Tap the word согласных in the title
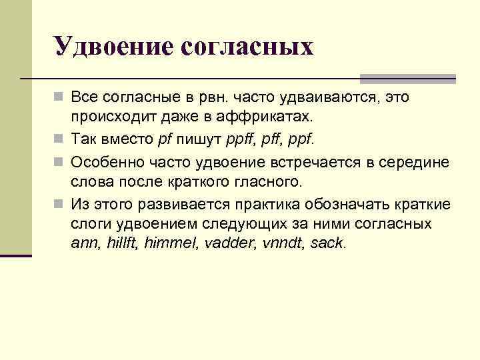coord(247,47)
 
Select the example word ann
coord(85,243)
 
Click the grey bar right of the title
coord(407,78)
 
